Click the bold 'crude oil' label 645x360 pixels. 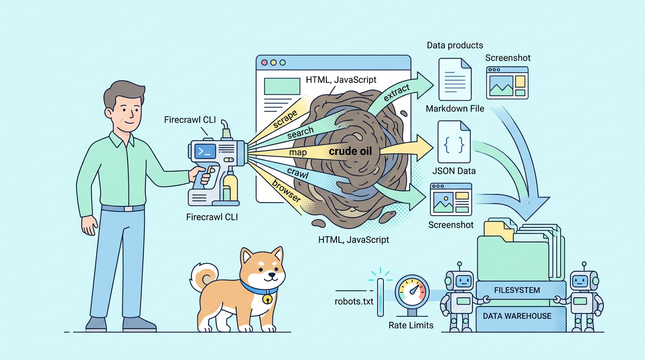350,151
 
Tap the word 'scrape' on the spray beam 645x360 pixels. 285,119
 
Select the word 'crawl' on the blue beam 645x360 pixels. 298,173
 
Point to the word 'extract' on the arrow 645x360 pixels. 397,93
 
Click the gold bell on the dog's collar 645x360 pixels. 267,299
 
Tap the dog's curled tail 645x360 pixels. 204,277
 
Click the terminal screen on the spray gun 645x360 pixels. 205,151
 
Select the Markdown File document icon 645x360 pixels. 455,80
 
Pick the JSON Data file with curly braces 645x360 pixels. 454,142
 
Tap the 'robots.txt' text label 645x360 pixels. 354,301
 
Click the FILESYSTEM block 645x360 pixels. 517,290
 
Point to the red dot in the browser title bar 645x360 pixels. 264,62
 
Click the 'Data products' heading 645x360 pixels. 455,45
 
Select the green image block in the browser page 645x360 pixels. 282,86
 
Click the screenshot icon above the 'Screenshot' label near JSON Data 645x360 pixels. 451,199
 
